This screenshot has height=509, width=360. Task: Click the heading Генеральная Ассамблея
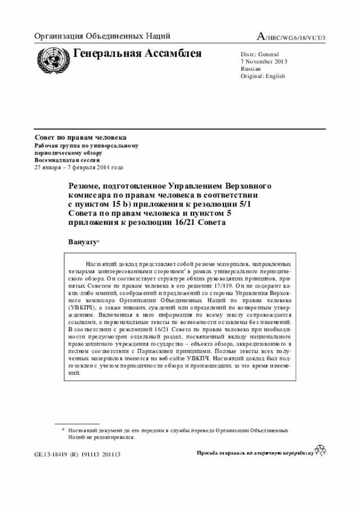(x=137, y=53)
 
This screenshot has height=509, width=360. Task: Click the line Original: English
(x=263, y=76)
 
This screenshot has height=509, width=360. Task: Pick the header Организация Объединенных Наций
(x=102, y=37)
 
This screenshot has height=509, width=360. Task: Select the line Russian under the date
(x=250, y=69)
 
